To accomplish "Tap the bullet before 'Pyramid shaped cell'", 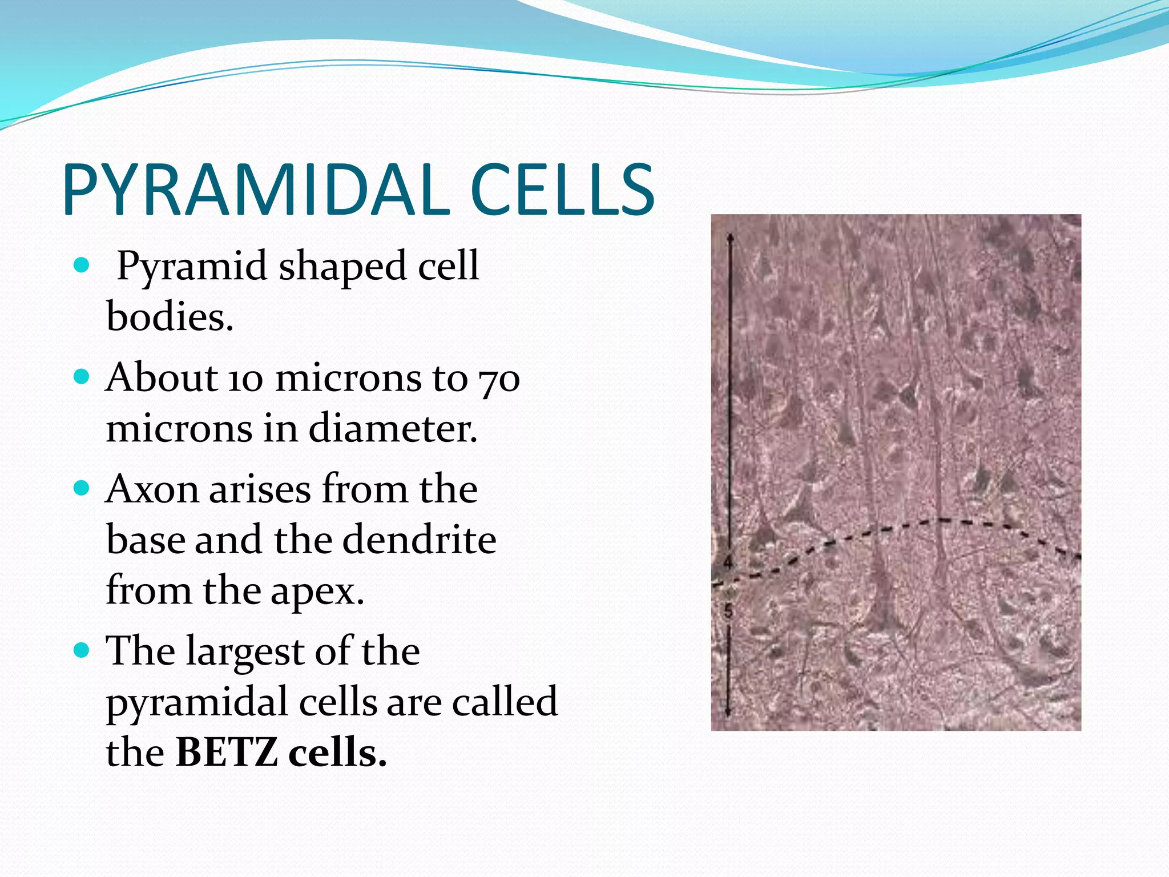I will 82,265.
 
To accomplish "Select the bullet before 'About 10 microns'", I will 82,377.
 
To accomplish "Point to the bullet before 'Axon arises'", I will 82,488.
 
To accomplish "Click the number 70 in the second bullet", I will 499,379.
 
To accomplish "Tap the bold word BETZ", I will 227,753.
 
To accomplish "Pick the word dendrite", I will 419,540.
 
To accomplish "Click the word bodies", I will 170,316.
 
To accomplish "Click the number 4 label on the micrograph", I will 727,562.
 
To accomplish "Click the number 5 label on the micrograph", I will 727,612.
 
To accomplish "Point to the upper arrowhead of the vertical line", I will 729,235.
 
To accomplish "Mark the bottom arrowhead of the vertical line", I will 728,714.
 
